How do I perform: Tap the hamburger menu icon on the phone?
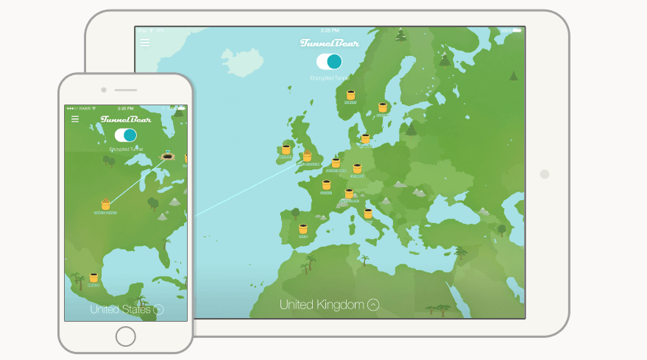(x=75, y=119)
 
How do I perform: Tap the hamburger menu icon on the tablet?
(x=144, y=43)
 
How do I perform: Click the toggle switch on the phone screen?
(x=126, y=135)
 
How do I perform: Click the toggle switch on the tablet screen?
(x=329, y=61)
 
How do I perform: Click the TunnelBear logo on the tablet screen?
(x=330, y=43)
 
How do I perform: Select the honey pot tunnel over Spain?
(x=303, y=230)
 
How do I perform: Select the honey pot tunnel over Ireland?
(x=286, y=149)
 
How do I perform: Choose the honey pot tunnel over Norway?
(x=350, y=95)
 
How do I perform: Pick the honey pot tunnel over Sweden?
(x=383, y=107)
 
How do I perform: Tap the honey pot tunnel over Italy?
(x=368, y=213)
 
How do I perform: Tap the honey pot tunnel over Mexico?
(x=93, y=278)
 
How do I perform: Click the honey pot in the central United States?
(x=105, y=205)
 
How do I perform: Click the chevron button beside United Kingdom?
(x=373, y=304)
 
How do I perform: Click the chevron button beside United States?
(x=158, y=310)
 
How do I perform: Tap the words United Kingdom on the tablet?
(x=322, y=304)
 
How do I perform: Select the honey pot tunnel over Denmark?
(x=365, y=138)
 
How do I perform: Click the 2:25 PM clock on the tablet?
(x=330, y=30)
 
